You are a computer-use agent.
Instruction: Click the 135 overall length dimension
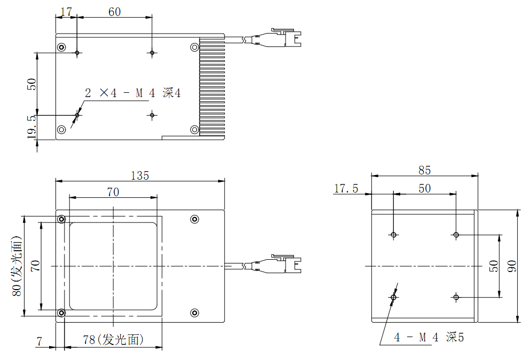pyautogui.click(x=140, y=175)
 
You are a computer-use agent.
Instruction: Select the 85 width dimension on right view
pyautogui.click(x=424, y=170)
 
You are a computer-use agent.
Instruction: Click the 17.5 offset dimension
pyautogui.click(x=346, y=188)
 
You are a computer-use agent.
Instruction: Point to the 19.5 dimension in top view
pyautogui.click(x=31, y=127)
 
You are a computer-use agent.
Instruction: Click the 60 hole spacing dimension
pyautogui.click(x=114, y=12)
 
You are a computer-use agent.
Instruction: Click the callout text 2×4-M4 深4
pyautogui.click(x=133, y=93)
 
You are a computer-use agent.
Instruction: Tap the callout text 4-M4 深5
pyautogui.click(x=429, y=337)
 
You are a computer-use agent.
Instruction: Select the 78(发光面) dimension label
pyautogui.click(x=113, y=340)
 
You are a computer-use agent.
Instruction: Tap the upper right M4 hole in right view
pyautogui.click(x=456, y=235)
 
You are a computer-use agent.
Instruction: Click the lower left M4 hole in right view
pyautogui.click(x=394, y=297)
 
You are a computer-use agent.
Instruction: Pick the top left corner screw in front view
pyautogui.click(x=62, y=219)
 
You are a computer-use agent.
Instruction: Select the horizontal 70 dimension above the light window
pyautogui.click(x=113, y=192)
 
